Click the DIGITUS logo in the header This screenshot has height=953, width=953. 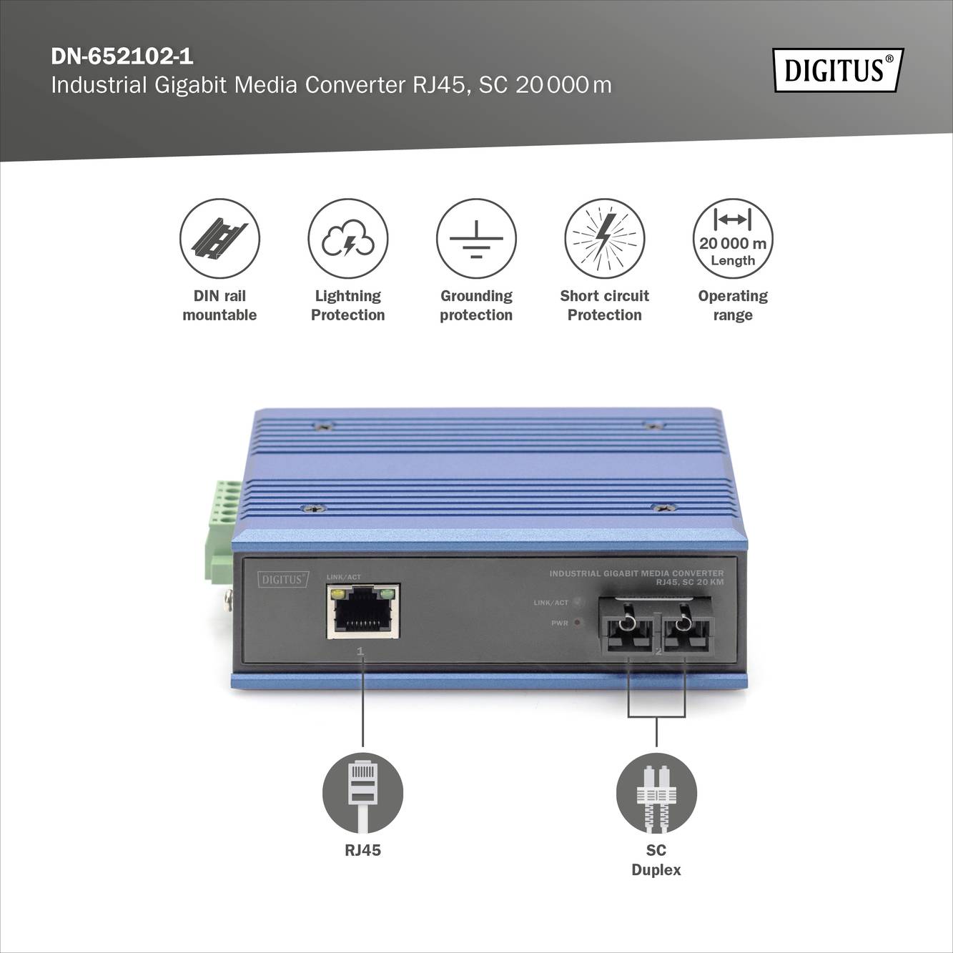click(838, 70)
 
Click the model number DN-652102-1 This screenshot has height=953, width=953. click(122, 56)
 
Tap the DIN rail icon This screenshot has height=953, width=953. click(219, 238)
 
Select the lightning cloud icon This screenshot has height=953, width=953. click(347, 238)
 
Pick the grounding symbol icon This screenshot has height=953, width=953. click(476, 238)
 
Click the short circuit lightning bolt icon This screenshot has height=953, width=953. click(604, 238)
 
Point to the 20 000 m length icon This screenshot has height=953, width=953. click(733, 238)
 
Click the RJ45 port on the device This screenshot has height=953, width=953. click(362, 611)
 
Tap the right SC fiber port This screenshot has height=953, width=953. click(685, 627)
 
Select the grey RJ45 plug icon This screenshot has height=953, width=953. click(362, 793)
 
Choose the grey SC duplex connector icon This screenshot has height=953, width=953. click(656, 793)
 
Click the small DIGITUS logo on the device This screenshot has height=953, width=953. click(283, 579)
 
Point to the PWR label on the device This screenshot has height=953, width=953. click(559, 623)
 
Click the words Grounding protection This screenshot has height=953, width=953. click(476, 305)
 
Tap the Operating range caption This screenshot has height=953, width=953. click(733, 305)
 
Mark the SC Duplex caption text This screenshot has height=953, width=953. click(656, 860)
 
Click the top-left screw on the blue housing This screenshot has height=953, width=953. click(324, 426)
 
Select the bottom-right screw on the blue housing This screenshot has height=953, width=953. click(661, 508)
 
